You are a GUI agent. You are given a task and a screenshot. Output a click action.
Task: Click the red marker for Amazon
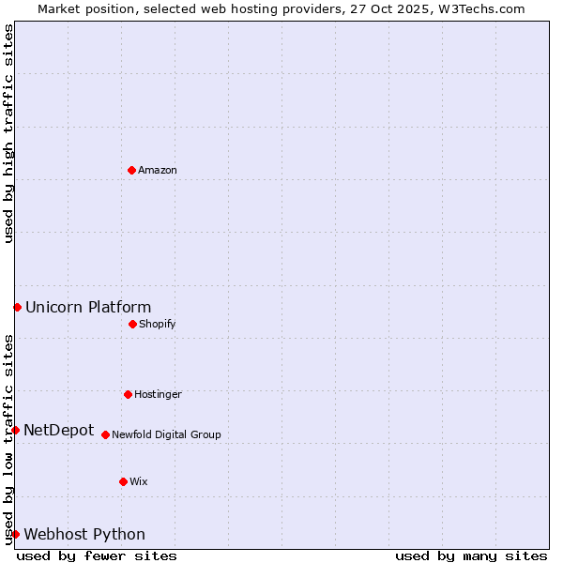[131, 170]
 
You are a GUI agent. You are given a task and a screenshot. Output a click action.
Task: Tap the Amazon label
[158, 171]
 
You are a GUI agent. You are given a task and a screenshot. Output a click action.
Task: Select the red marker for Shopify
[132, 324]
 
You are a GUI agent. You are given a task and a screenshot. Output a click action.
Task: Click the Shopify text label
[158, 325]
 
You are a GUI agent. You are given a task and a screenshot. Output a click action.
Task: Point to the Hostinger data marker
[128, 394]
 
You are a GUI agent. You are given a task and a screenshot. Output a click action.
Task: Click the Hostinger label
[158, 395]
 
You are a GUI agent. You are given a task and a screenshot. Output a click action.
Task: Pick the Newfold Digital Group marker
[105, 434]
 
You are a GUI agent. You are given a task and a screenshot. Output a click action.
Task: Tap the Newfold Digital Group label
[166, 435]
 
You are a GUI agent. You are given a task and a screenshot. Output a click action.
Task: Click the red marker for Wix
[123, 481]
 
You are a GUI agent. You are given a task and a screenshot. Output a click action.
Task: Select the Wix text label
[139, 482]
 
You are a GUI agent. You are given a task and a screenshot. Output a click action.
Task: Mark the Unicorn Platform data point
[17, 307]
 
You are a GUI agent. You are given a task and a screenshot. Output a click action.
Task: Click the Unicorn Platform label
[88, 308]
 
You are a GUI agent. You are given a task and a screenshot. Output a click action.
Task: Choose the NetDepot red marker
[15, 430]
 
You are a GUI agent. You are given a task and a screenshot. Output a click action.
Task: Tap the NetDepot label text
[58, 431]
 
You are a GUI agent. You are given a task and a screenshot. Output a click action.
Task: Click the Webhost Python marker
[15, 534]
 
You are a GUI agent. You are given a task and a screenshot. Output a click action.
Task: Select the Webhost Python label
[84, 535]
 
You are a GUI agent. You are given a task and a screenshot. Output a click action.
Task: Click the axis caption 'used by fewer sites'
[97, 555]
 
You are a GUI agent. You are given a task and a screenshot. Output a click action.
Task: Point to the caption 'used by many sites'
[471, 555]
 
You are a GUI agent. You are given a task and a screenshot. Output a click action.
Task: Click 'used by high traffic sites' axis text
[9, 133]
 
